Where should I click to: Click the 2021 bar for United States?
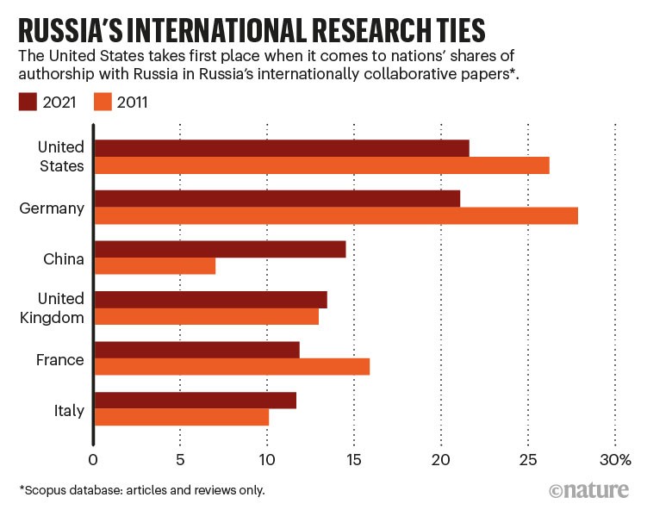[x=281, y=148]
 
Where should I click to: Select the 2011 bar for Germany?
[x=335, y=216]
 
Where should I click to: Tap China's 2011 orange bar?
[x=154, y=266]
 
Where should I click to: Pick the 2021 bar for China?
[x=220, y=249]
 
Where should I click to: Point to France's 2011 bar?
[x=231, y=366]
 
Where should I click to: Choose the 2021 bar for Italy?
[x=195, y=400]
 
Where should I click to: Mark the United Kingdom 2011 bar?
[x=206, y=316]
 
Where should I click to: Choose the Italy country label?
[x=68, y=410]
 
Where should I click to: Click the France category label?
[x=61, y=359]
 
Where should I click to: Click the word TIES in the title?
[x=454, y=31]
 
